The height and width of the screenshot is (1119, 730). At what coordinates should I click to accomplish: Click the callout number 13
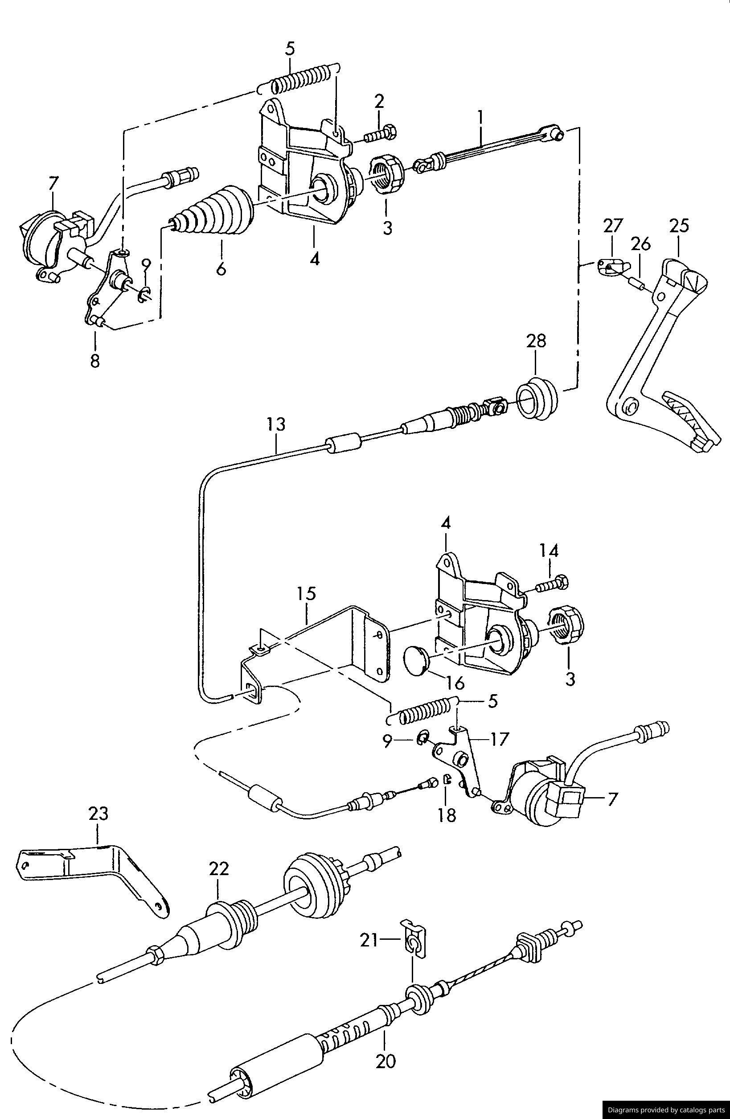pyautogui.click(x=276, y=425)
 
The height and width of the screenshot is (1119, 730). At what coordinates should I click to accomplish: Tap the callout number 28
pyautogui.click(x=536, y=341)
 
